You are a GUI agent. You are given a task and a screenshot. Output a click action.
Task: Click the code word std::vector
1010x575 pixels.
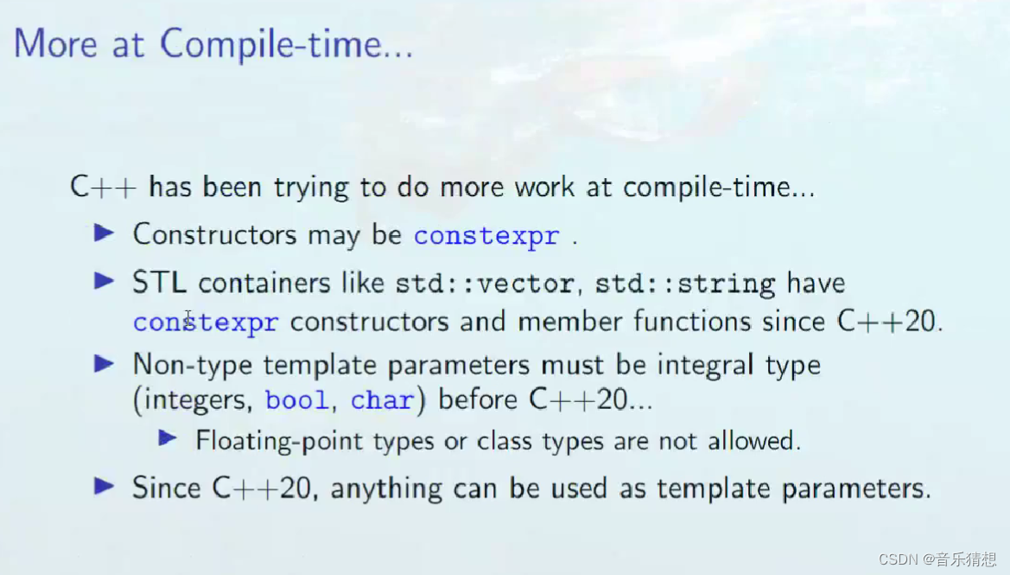[484, 284]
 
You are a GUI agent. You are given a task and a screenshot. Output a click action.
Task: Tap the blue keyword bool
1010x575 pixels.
[297, 401]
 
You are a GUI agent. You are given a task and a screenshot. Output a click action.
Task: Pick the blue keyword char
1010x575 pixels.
[381, 401]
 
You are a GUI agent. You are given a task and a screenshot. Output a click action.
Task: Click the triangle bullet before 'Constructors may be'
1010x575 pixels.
[105, 233]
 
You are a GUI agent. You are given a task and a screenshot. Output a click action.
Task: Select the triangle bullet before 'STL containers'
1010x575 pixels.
[105, 281]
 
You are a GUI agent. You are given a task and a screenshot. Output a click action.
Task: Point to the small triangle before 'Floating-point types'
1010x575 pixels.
[168, 439]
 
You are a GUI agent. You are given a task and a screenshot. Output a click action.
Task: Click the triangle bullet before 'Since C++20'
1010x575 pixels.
[105, 487]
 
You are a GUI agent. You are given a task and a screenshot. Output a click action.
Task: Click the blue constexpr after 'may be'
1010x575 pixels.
[486, 236]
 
